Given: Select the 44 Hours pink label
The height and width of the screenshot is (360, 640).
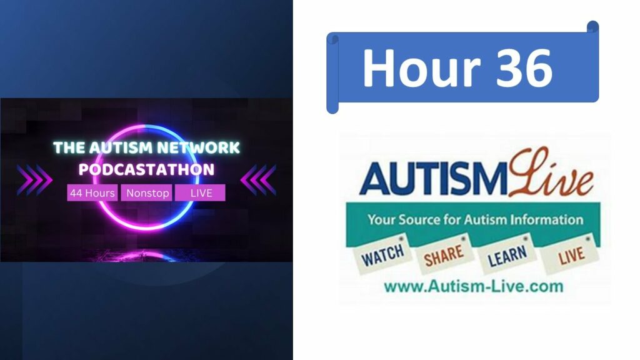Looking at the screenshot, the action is [92, 193].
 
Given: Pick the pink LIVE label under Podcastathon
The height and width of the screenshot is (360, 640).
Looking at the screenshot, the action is [200, 193].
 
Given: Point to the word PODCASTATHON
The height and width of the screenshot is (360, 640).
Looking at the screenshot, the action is [146, 169].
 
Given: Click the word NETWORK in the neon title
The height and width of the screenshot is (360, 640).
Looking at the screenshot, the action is [199, 147].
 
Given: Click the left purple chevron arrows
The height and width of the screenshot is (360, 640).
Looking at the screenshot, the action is [35, 180].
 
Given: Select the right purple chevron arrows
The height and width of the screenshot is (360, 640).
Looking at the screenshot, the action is [258, 180].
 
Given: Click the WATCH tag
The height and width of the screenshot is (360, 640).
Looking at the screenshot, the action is [382, 255].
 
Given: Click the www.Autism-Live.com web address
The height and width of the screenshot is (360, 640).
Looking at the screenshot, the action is [474, 286].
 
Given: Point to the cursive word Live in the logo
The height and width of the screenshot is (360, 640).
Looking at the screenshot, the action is [551, 174].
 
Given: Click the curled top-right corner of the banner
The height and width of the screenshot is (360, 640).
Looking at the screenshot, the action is [592, 27].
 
